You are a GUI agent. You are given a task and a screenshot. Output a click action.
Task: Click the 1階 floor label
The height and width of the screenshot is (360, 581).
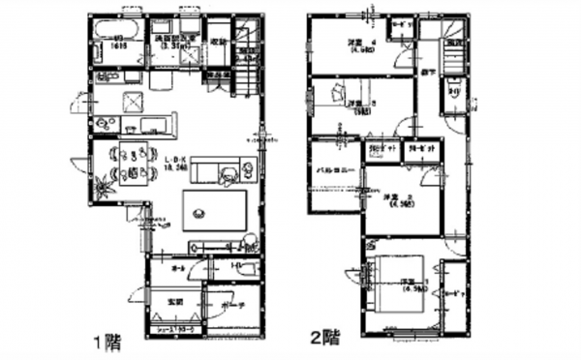coord(107,340)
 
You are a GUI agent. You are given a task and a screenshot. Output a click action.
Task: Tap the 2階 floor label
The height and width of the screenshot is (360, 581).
coord(324,339)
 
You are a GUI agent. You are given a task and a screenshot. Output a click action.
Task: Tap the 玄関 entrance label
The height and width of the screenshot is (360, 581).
coord(174,302)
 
